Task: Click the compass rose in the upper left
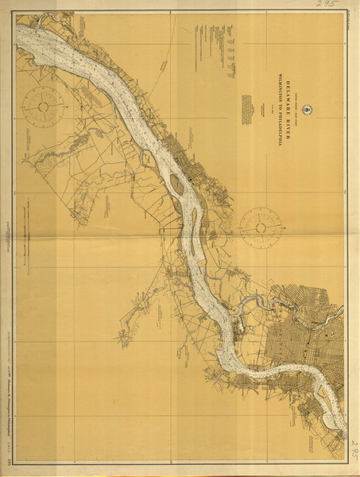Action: [x=37, y=106]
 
